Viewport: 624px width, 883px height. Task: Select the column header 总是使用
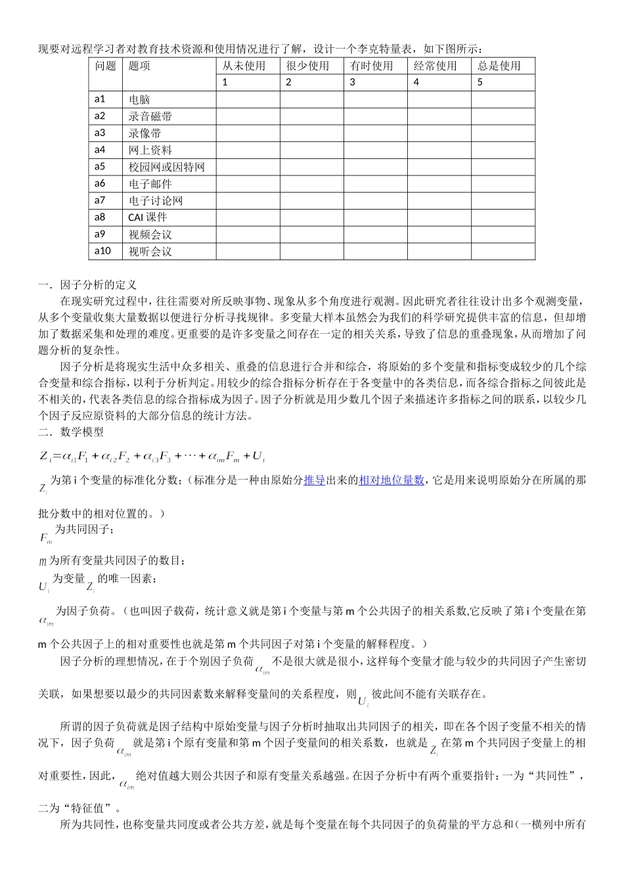pos(499,66)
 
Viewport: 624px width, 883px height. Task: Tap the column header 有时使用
pos(371,66)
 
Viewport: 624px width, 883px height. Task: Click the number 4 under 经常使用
pos(416,82)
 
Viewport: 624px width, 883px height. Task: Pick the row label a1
pos(100,99)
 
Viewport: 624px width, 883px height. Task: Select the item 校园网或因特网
pos(167,167)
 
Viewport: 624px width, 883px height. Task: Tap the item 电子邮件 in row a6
pos(150,184)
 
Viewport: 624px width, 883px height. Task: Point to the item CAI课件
pos(148,217)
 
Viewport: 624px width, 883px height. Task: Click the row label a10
pos(102,251)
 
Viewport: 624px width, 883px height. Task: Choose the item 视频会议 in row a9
pos(150,235)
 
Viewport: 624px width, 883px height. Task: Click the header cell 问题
pos(105,66)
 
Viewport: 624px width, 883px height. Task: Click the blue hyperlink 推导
pos(314,480)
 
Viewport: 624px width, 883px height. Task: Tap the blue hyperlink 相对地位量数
pos(391,480)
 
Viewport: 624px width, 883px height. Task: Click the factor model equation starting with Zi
pos(152,455)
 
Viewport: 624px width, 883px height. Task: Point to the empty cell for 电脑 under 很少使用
pos(311,99)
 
